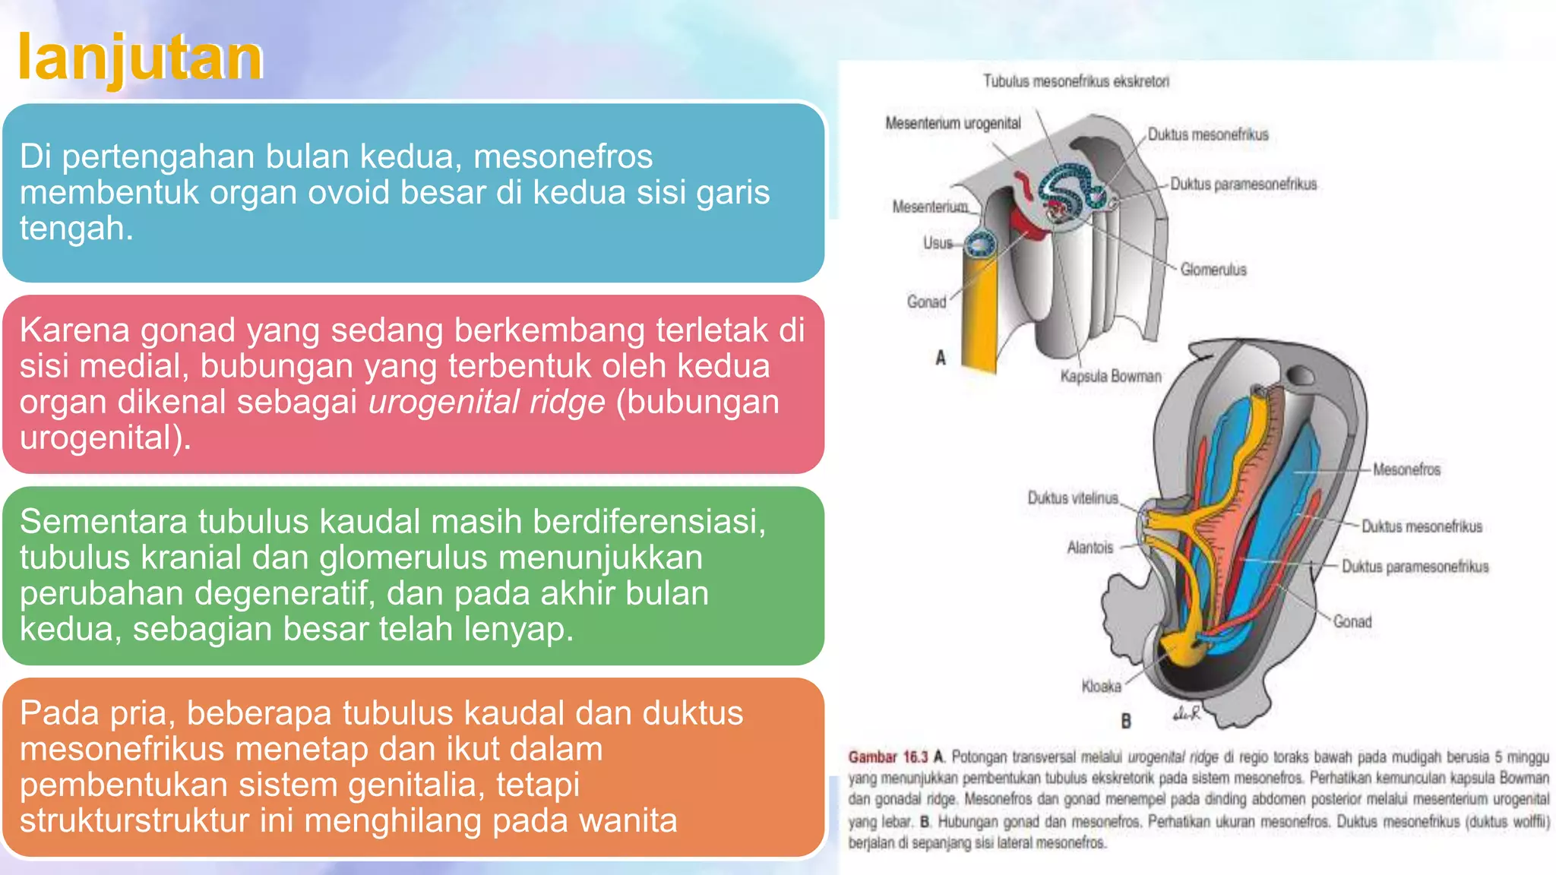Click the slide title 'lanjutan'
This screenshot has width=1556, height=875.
pyautogui.click(x=140, y=58)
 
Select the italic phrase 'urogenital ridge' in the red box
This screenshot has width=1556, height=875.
pyautogui.click(x=487, y=402)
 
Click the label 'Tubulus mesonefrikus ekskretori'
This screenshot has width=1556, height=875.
pyautogui.click(x=1076, y=81)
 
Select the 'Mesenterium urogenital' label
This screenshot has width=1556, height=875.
pyautogui.click(x=953, y=123)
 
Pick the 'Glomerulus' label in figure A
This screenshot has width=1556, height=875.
pyautogui.click(x=1213, y=270)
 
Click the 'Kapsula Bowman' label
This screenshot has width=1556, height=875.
pyautogui.click(x=1111, y=376)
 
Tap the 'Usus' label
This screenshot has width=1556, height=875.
pyautogui.click(x=938, y=243)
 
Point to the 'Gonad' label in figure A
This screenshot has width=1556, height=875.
pyautogui.click(x=926, y=302)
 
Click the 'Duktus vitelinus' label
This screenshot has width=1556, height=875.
pyautogui.click(x=1072, y=498)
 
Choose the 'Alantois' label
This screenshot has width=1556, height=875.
pyautogui.click(x=1090, y=548)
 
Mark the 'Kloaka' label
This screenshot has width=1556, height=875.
pyautogui.click(x=1101, y=687)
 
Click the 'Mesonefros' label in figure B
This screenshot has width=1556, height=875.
pyautogui.click(x=1406, y=469)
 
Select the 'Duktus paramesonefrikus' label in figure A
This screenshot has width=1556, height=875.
pyautogui.click(x=1243, y=184)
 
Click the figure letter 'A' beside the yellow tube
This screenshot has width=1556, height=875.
pyautogui.click(x=941, y=358)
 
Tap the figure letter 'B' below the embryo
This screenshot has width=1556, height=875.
pyautogui.click(x=1126, y=720)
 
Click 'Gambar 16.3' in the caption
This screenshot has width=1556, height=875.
pyautogui.click(x=887, y=757)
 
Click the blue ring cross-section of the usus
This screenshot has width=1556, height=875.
pyautogui.click(x=979, y=245)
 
